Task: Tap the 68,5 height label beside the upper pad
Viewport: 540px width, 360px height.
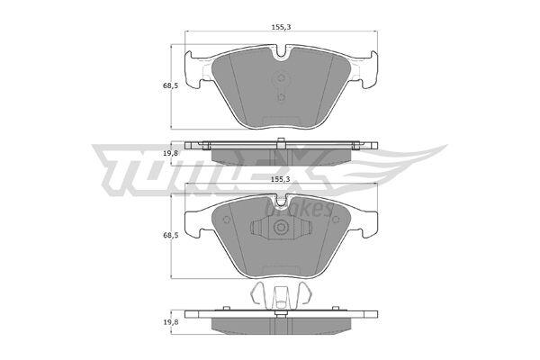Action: [170, 85]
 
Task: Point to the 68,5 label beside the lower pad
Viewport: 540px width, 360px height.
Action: [170, 235]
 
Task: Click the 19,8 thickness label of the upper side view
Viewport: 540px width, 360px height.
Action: [170, 154]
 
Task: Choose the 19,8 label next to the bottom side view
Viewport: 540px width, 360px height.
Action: [170, 322]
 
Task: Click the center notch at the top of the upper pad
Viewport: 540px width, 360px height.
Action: [282, 51]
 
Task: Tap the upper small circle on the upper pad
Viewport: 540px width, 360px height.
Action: [282, 77]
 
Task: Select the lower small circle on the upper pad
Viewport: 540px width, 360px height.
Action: [282, 97]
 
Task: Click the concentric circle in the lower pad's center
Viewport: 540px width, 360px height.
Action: [281, 227]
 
